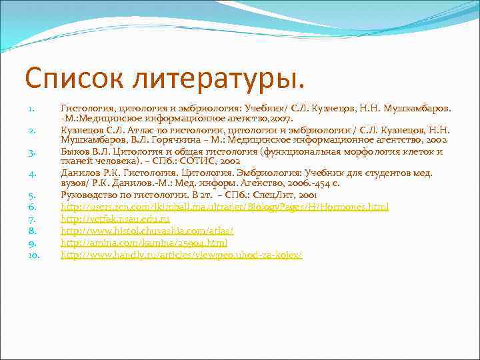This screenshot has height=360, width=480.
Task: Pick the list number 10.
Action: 33,255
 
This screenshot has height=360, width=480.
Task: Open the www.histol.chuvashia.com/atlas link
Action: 147,231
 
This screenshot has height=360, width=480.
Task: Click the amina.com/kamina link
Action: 144,243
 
